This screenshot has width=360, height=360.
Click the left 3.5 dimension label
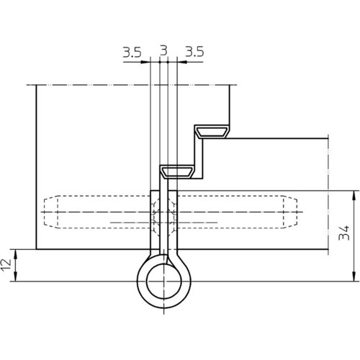click(x=132, y=52)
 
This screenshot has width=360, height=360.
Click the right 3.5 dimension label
click(x=194, y=52)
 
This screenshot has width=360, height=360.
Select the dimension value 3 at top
click(x=163, y=50)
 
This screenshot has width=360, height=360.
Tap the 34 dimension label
click(x=344, y=233)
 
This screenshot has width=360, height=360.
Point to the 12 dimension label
click(x=6, y=265)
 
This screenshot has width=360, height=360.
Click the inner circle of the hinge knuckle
click(x=163, y=281)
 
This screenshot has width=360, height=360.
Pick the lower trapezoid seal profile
click(x=177, y=172)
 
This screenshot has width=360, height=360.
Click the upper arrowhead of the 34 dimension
click(x=354, y=195)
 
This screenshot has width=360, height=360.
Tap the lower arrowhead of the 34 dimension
click(x=354, y=276)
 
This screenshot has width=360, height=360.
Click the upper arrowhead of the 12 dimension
click(x=15, y=254)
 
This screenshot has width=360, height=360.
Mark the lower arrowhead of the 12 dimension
click(x=15, y=276)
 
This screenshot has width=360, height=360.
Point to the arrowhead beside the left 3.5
click(x=145, y=62)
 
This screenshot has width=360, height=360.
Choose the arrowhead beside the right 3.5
click(x=181, y=62)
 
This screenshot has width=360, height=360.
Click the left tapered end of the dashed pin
click(x=51, y=212)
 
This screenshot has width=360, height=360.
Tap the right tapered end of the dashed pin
click(x=290, y=212)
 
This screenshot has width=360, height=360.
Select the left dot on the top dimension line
click(x=159, y=62)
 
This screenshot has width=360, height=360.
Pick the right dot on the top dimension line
click(x=168, y=62)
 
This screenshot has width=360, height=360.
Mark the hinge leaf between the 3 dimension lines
click(x=163, y=216)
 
